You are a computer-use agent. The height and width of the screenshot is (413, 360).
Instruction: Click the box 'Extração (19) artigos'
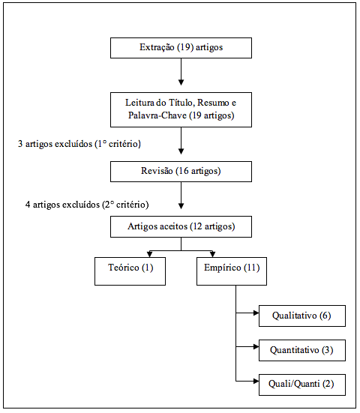(x=181, y=48)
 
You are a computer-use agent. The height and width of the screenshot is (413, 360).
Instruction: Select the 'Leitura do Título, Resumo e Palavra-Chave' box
(x=181, y=110)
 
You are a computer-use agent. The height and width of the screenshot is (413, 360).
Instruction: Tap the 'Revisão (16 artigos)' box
(x=181, y=172)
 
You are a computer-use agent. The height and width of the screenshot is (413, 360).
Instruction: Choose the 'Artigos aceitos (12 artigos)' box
(x=181, y=227)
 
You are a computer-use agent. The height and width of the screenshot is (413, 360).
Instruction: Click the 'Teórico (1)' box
(x=130, y=271)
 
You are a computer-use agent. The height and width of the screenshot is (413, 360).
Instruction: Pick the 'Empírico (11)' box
(x=232, y=271)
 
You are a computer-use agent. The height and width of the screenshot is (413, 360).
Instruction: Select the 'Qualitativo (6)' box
(x=302, y=316)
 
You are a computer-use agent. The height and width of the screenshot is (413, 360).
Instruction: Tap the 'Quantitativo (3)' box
(x=302, y=350)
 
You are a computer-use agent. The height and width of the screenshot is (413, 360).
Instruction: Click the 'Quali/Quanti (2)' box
(x=302, y=385)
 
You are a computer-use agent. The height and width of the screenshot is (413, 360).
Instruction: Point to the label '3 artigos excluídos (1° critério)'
(x=79, y=144)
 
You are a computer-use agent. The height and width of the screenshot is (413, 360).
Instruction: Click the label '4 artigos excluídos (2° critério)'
(x=87, y=205)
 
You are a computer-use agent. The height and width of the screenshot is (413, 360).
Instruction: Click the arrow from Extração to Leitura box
(x=181, y=72)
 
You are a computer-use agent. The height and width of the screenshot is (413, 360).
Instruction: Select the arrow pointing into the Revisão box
(x=181, y=141)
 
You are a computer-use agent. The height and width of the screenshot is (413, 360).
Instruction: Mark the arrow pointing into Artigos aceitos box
(x=181, y=196)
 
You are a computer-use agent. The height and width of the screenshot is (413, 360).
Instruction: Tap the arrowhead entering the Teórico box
(x=149, y=254)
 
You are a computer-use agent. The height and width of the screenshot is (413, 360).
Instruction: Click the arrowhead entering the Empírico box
(x=213, y=254)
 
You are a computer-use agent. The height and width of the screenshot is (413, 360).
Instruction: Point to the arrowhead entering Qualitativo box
(x=256, y=313)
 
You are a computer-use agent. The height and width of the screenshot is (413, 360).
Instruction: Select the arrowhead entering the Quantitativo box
(x=256, y=346)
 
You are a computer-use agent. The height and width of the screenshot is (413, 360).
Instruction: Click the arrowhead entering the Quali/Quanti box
(x=256, y=381)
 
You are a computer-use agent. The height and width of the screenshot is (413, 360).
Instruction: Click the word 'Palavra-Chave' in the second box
(x=157, y=115)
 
